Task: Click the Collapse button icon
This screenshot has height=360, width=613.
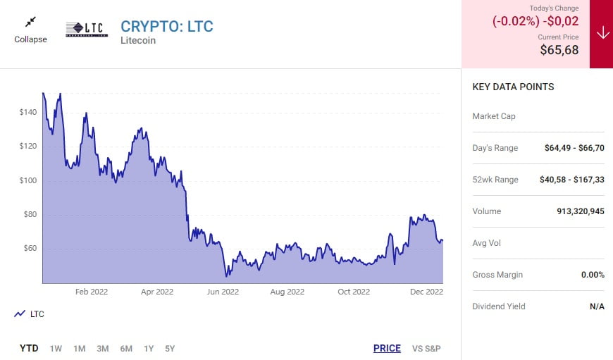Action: tap(30, 23)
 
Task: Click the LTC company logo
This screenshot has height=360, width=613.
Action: tap(86, 29)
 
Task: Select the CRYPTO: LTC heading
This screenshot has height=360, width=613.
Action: tap(166, 27)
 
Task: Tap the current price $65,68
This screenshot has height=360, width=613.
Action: tap(559, 50)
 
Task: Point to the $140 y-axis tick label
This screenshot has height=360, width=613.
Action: tap(28, 112)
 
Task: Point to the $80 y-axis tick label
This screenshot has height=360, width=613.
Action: tap(30, 214)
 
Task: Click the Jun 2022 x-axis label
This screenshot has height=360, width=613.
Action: tap(222, 292)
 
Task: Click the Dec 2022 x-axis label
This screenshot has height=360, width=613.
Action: tap(426, 292)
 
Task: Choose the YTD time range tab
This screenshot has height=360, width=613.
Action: tap(29, 348)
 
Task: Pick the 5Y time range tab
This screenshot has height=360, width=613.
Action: tap(169, 348)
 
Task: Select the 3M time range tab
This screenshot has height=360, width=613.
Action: tap(102, 348)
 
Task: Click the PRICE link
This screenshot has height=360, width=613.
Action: tap(387, 348)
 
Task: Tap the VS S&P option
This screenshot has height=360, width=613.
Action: tap(426, 348)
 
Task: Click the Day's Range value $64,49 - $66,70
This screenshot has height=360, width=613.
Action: tap(574, 148)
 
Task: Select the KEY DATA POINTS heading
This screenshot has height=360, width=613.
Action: tap(513, 87)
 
